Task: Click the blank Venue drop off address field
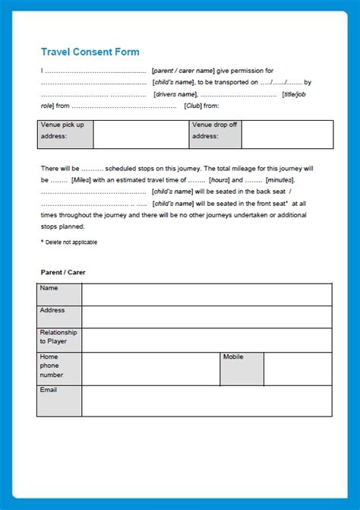286,135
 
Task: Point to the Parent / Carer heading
63,271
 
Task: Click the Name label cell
59,294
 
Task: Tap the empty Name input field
207,295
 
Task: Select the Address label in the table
59,316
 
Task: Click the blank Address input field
207,317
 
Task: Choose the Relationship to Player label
59,340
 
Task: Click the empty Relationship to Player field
207,340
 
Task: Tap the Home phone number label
59,369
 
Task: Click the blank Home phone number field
150,369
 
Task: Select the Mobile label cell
242,369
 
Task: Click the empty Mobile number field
298,369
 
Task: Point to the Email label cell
59,401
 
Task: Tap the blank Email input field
207,401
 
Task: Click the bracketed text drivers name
175,94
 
